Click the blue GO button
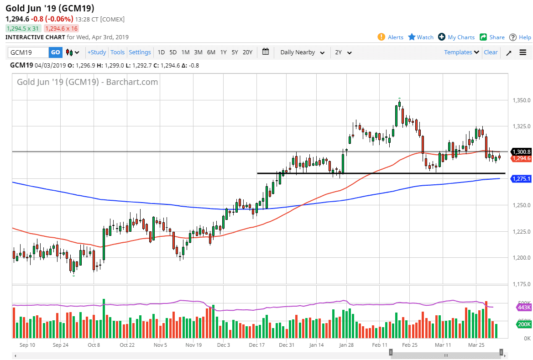(55, 52)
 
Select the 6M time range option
(211, 52)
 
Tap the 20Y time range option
(247, 52)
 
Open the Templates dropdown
(461, 52)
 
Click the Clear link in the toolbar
(491, 52)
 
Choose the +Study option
(97, 52)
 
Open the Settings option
(140, 52)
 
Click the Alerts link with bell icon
(391, 37)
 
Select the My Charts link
(456, 37)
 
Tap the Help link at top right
(520, 37)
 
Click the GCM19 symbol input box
(27, 52)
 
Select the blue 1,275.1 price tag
(521, 179)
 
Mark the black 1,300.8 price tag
(521, 151)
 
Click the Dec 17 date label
(256, 345)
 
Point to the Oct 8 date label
(94, 345)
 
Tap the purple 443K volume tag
(523, 308)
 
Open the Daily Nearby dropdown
(302, 52)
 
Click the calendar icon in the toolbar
(266, 52)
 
